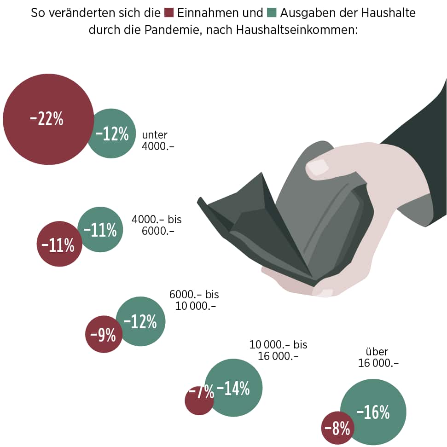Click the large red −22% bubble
click(46, 119)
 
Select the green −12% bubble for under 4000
click(112, 134)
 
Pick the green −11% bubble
click(100, 229)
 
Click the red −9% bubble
click(103, 334)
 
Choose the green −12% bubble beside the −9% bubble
click(141, 321)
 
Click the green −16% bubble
click(373, 412)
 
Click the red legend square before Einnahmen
click(168, 12)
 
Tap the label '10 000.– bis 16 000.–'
click(278, 350)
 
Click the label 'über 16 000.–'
click(378, 357)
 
